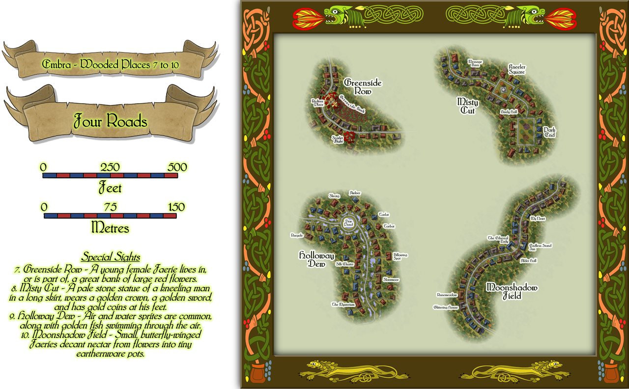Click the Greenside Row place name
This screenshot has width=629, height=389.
(x=363, y=87)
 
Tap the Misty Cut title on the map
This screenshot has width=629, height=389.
(x=468, y=106)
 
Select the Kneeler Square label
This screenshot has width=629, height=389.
(x=517, y=69)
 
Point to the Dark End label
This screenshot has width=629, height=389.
(x=549, y=133)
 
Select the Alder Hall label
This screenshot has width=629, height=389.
(x=529, y=261)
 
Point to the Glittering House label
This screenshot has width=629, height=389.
(x=446, y=307)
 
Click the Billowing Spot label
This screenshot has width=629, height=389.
(x=400, y=256)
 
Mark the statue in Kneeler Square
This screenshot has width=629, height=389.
(x=502, y=91)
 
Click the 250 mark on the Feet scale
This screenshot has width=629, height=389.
(x=110, y=167)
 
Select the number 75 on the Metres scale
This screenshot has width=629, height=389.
(x=110, y=207)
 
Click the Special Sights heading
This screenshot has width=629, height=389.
(x=110, y=257)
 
